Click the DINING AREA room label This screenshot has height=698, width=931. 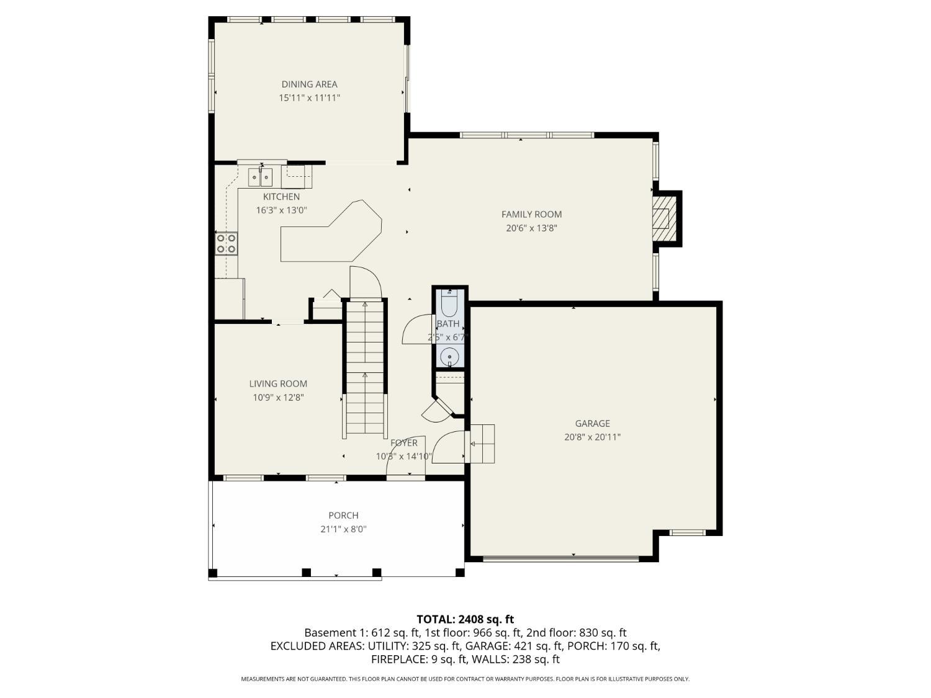point(309,84)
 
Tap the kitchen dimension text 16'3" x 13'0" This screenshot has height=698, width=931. point(281,210)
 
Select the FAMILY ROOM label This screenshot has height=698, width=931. point(531,215)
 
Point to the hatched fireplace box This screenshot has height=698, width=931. point(661,219)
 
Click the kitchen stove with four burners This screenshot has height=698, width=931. point(226,243)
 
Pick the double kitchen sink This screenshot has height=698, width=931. point(260,177)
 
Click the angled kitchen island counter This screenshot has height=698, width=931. point(331,231)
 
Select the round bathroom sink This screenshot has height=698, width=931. point(449,356)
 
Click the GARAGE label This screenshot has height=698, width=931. point(592,423)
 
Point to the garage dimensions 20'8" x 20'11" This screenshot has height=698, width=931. point(592,437)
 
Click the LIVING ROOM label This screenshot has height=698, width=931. point(278,384)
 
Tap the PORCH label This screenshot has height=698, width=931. point(344,516)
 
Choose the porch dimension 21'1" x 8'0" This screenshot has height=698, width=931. point(344,529)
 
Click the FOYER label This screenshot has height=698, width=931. point(404,443)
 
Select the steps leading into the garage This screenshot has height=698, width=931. point(482,443)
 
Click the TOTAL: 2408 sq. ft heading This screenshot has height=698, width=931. point(465,620)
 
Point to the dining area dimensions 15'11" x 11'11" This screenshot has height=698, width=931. point(309,98)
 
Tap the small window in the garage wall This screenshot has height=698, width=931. point(687,532)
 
